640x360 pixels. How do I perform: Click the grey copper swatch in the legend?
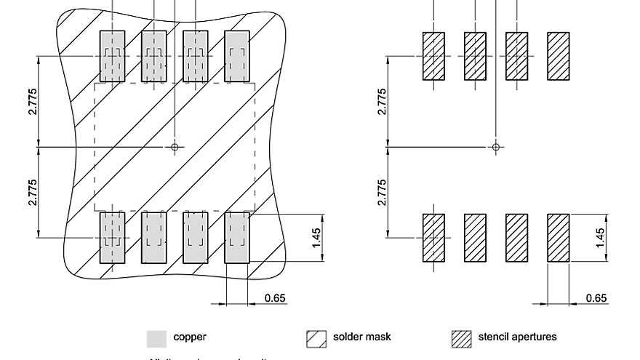click(156, 338)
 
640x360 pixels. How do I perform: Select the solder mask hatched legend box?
click(316, 338)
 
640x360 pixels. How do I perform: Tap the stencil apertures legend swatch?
click(462, 338)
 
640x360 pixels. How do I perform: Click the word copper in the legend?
click(190, 337)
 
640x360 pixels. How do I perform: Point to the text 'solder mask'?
click(362, 337)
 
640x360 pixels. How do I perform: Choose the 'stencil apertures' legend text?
click(518, 337)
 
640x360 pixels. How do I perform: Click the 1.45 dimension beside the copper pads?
click(316, 238)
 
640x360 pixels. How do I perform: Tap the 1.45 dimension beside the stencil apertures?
click(600, 238)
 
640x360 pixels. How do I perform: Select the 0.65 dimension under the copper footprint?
click(275, 298)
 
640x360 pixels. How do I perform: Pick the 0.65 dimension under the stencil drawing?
click(596, 298)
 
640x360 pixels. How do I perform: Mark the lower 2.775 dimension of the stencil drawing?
click(383, 192)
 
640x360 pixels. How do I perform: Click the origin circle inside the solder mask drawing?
click(175, 147)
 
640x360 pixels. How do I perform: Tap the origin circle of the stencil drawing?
click(496, 147)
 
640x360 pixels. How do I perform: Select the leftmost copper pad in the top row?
click(112, 56)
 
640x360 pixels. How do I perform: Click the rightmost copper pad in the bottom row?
click(237, 237)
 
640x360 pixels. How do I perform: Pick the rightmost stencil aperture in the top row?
click(559, 56)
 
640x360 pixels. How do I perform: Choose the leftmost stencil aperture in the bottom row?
click(433, 238)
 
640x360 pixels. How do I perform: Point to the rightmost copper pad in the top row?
click(237, 56)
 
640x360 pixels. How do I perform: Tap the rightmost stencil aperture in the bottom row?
click(559, 238)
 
